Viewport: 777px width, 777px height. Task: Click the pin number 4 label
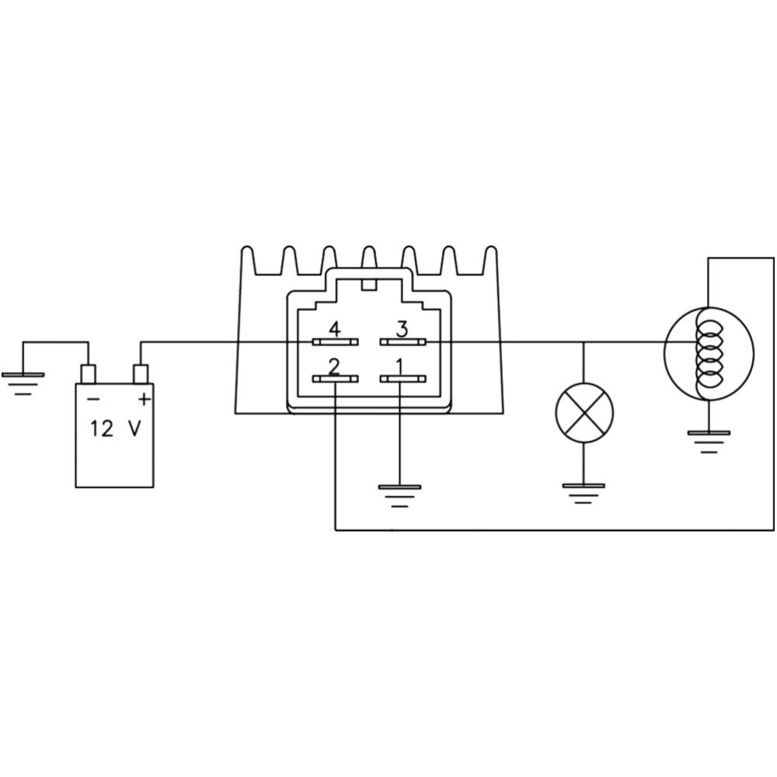pos(335,329)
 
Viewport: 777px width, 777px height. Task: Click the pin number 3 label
pos(402,329)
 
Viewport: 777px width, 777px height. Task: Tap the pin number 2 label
pos(334,368)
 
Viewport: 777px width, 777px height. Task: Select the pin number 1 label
pos(399,368)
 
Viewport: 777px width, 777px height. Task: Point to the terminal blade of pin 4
pos(336,342)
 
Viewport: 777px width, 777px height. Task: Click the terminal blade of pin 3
pos(402,342)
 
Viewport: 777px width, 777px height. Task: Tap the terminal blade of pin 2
pos(336,379)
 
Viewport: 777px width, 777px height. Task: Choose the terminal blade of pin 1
pos(402,379)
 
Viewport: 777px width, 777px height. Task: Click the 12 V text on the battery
pos(115,429)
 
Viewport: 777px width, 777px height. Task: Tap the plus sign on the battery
pos(144,399)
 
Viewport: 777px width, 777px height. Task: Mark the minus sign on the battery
pos(93,399)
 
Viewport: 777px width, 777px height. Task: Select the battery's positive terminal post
pos(141,375)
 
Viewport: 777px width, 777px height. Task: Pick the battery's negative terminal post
pos(89,375)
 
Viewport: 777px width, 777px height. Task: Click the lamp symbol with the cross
pos(584,413)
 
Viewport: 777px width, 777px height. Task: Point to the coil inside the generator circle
pos(708,353)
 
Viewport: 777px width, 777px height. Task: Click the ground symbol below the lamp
pos(584,494)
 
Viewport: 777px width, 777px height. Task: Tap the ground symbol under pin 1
pos(399,496)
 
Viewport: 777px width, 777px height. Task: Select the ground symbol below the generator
pos(709,442)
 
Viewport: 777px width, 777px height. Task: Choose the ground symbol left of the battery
pos(23,384)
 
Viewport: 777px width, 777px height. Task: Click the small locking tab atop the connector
pos(369,284)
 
